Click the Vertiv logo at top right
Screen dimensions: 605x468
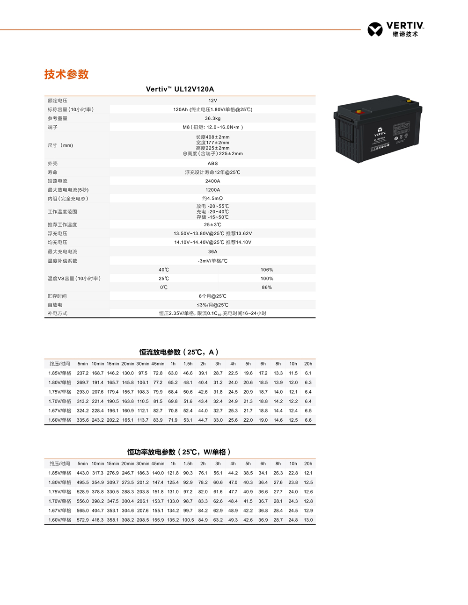395,29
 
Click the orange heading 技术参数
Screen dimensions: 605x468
66,74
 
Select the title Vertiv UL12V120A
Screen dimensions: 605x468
180,89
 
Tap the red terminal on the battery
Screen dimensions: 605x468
359,111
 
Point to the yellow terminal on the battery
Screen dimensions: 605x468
409,101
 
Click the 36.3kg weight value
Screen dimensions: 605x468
212,118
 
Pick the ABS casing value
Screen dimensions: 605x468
212,164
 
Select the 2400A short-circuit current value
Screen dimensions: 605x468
212,181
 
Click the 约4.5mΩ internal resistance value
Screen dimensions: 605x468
212,199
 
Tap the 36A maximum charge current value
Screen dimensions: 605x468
212,252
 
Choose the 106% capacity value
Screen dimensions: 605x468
267,270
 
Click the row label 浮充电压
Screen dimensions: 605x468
58,233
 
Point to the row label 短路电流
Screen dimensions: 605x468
58,181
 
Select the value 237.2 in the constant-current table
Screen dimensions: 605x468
83,373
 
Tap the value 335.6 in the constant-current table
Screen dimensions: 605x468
83,420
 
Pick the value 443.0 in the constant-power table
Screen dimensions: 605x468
83,473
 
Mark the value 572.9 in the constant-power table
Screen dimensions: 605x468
83,520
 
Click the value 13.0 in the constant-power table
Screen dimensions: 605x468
308,520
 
